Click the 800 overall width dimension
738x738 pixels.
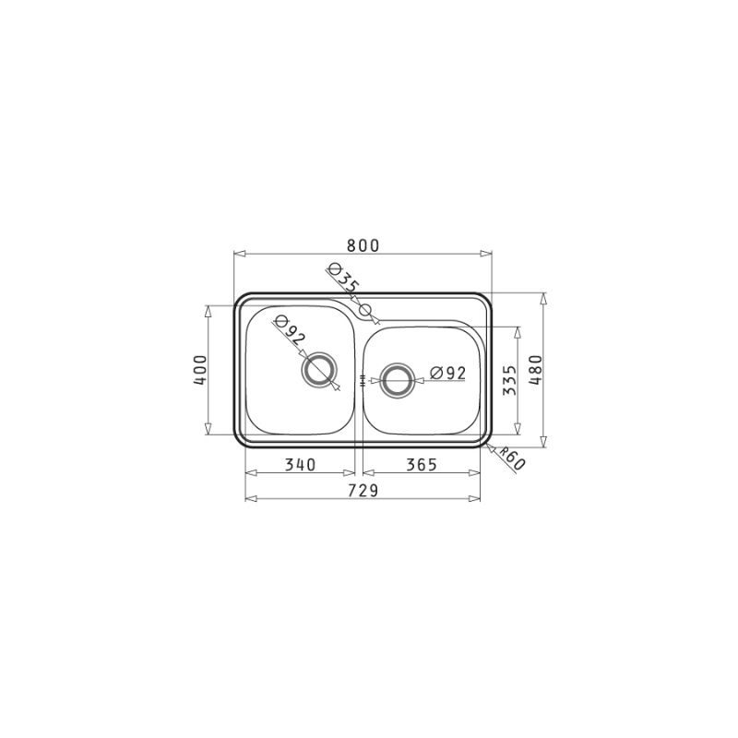click(x=363, y=245)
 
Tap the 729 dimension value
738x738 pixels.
click(x=363, y=491)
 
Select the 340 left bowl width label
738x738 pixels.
click(x=301, y=465)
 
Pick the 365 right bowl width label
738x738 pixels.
click(x=422, y=465)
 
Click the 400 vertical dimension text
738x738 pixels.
click(x=200, y=370)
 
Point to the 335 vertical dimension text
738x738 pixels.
click(x=510, y=380)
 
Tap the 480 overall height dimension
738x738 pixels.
click(x=536, y=370)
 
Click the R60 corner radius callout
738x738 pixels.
click(x=512, y=458)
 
